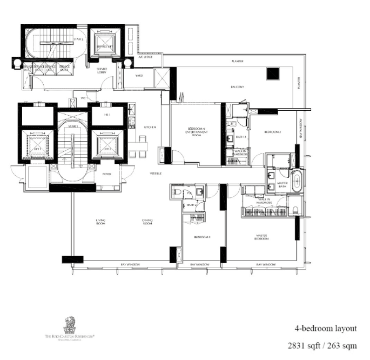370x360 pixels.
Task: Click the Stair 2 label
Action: click(78, 39)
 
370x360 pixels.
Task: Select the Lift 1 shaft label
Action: click(37, 149)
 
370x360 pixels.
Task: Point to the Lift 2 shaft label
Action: click(107, 149)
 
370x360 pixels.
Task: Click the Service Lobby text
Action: click(102, 71)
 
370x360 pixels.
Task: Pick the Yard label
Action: click(139, 76)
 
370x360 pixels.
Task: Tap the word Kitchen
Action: click(150, 127)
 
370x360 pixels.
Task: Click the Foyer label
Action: click(107, 174)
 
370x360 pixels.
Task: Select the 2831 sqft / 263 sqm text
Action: click(322, 345)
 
